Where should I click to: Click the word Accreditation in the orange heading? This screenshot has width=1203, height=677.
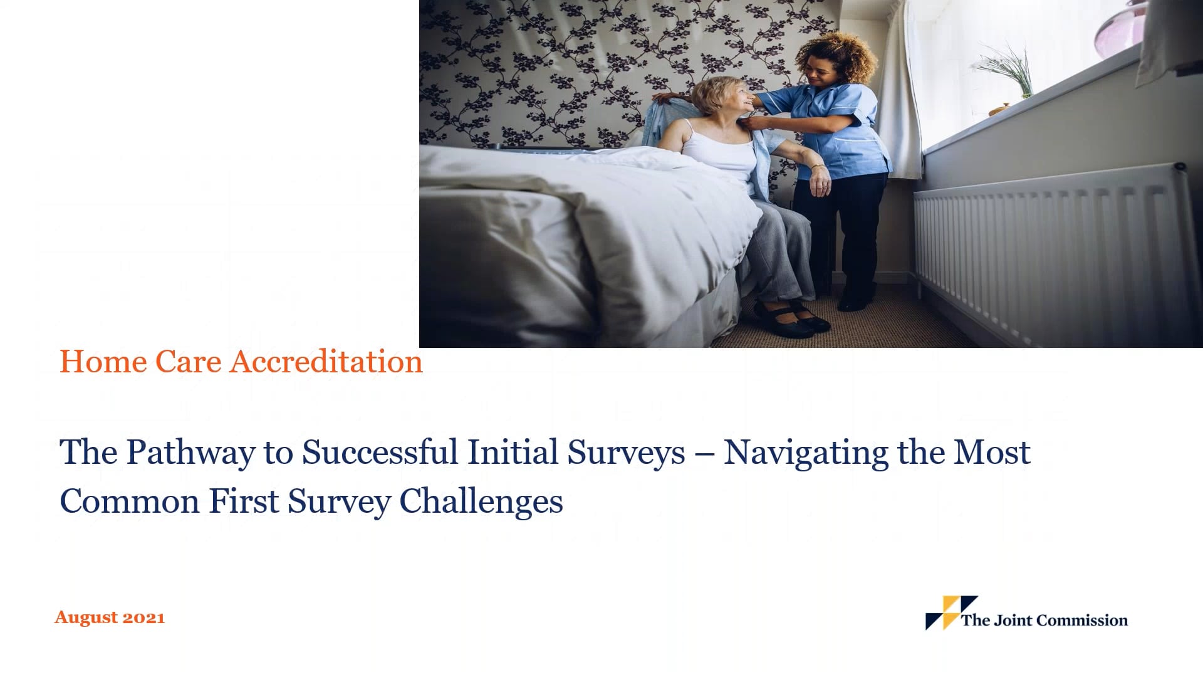coord(326,362)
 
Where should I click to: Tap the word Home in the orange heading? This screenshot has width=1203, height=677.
coord(103,362)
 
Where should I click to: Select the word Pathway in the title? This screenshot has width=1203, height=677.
coord(190,453)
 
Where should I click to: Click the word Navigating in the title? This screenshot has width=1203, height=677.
coord(806,453)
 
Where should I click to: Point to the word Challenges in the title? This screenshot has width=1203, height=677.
coord(481,501)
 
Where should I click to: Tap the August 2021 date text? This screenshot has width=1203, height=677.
coord(110,617)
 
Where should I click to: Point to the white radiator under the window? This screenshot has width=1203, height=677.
coord(1053,251)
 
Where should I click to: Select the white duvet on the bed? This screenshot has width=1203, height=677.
coord(564,219)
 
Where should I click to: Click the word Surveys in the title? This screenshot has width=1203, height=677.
coord(626,453)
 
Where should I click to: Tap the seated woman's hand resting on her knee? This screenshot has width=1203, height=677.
coord(820,183)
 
